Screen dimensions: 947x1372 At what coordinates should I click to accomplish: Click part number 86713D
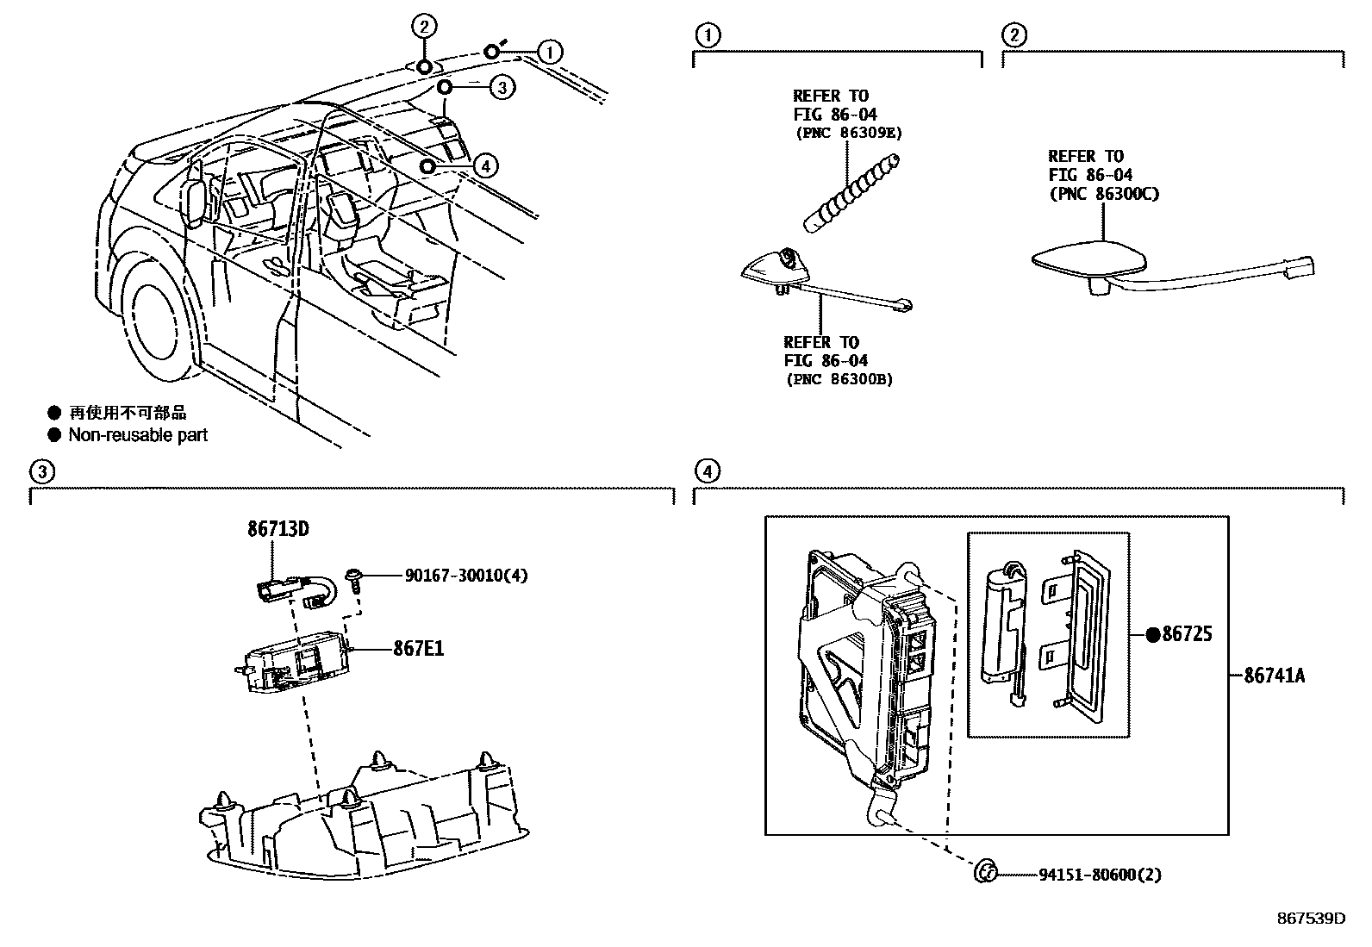coord(278,529)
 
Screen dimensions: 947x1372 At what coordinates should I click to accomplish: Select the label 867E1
coord(420,648)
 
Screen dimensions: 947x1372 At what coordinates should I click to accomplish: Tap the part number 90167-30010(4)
coord(465,576)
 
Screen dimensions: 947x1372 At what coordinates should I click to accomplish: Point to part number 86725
coord(1187,635)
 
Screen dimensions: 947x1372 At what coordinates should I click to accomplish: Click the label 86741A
coord(1274,676)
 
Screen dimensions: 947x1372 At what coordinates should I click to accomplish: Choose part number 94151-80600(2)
coord(1100,875)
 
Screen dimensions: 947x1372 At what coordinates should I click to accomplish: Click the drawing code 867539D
coord(1310,919)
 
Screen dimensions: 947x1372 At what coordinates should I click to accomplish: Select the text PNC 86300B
coord(839,379)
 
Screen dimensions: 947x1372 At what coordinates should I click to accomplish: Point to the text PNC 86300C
coord(1103,194)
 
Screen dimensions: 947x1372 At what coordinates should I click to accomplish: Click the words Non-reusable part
coord(138,435)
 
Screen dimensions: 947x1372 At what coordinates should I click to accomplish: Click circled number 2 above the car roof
coord(424,27)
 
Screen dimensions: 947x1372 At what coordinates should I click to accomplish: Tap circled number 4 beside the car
coord(485,165)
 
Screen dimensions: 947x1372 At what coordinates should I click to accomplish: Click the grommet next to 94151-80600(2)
coord(985,872)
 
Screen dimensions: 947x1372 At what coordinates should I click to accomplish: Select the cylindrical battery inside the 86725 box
coord(1003,620)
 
